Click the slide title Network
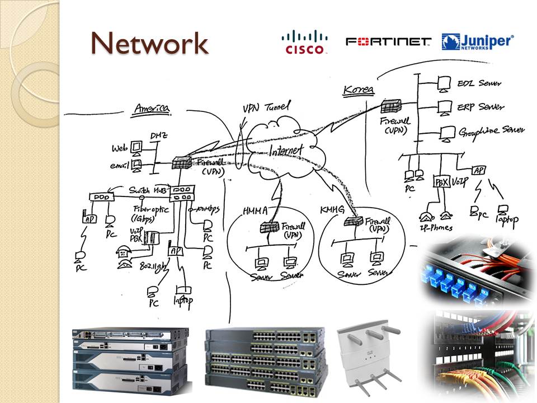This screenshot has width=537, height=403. click(x=149, y=44)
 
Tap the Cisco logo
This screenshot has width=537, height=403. click(x=305, y=42)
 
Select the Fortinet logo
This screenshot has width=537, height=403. click(x=389, y=42)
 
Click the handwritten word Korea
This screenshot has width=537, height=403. click(x=359, y=90)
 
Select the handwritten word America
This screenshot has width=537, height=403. click(x=151, y=109)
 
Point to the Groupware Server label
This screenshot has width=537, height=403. click(x=492, y=131)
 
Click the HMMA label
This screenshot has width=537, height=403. click(x=256, y=210)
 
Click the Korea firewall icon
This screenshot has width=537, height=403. click(x=390, y=106)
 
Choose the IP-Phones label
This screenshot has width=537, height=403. click(x=435, y=228)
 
